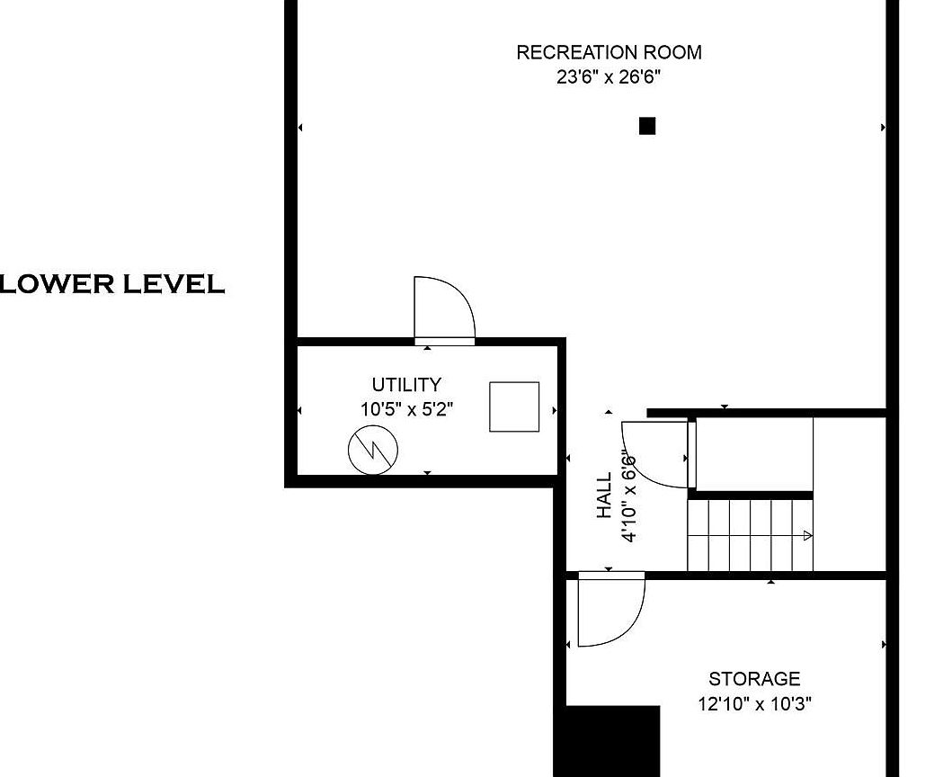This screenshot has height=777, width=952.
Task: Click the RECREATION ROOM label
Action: coord(609,52)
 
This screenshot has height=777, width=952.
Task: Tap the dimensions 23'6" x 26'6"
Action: coord(609,77)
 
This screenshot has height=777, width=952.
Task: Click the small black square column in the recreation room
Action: coord(647,126)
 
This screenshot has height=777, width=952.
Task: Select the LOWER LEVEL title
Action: coord(112,283)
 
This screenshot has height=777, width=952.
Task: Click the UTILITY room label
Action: coord(406,385)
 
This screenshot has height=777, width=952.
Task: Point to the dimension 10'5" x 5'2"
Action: coord(407,409)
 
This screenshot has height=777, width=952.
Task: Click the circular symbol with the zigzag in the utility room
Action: coord(373,451)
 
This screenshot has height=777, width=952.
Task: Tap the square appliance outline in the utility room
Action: coord(514,407)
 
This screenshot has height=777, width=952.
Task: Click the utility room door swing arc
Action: coord(461,295)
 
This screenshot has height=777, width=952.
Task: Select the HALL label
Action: coord(604,496)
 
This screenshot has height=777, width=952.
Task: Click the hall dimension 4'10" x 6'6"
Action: coord(628,496)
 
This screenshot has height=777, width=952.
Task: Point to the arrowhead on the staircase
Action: coord(807,535)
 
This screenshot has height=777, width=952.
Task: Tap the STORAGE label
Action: coord(755,679)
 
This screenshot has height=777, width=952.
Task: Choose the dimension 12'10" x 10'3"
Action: coord(755,704)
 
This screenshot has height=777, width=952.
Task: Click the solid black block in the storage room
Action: coord(612,741)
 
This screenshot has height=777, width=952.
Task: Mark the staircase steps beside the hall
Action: coord(750,535)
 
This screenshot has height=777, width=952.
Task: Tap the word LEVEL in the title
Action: coord(174,283)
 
